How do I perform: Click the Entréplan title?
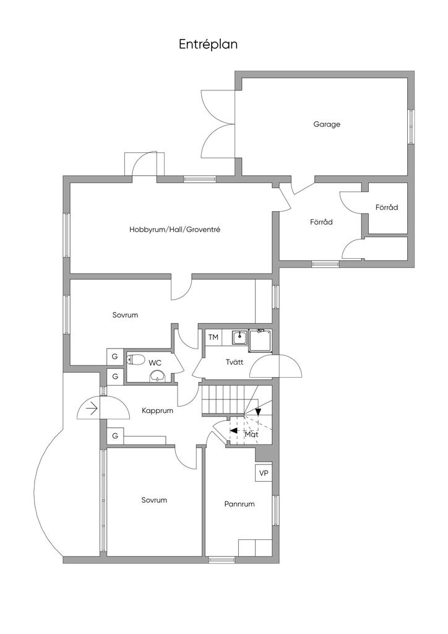coord(208,44)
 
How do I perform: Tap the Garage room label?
coord(327,124)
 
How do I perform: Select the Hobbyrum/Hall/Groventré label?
coord(175,229)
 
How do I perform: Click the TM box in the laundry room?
coord(213,337)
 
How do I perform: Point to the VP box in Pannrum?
coord(264,473)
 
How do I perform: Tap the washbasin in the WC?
coord(157,376)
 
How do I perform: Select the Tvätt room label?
coord(235,362)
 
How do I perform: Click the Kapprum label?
coord(158,411)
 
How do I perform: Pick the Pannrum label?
coord(239,504)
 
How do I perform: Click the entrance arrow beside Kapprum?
coord(92,409)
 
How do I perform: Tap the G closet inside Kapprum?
coord(115,436)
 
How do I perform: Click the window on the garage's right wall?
coord(411,126)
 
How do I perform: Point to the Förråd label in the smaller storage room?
coord(387,207)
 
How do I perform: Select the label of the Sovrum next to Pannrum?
coord(154,500)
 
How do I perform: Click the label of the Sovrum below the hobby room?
coord(125,315)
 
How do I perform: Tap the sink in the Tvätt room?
coord(240,337)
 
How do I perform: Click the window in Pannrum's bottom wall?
coord(222,560)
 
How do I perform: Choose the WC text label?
coord(155,363)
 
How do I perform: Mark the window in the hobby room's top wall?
coord(200,179)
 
